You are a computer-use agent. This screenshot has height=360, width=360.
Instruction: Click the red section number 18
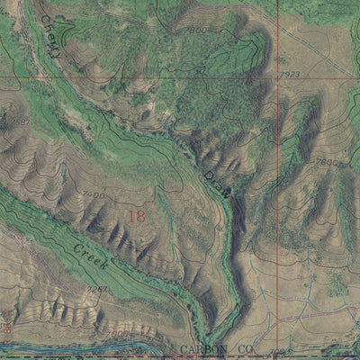coord(136,216)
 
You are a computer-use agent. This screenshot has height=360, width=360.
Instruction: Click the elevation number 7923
coord(289,75)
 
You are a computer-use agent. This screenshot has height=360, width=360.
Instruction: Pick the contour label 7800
coord(198,31)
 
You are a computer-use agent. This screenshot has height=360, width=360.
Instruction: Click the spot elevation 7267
coord(96,289)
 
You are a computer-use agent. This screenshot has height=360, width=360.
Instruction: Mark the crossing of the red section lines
coord(277,76)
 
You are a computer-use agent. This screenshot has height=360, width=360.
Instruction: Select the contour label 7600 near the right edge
coord(329,163)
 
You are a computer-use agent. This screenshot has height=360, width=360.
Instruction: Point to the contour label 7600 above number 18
coord(93,194)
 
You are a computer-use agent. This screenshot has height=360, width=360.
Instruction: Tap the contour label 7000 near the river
coord(118,333)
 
